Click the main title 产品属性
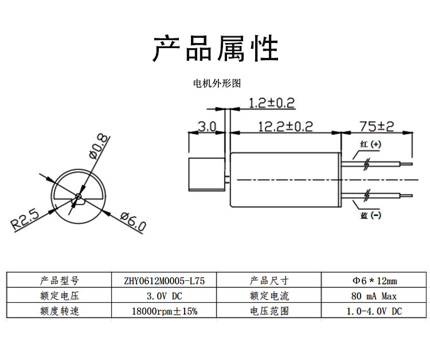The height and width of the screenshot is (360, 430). click(x=216, y=48)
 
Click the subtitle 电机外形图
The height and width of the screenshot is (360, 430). click(x=217, y=83)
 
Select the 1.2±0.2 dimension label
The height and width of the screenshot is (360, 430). click(x=272, y=103)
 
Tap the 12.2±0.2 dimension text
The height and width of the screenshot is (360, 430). click(x=286, y=127)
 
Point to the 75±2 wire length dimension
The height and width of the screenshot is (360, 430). click(x=377, y=126)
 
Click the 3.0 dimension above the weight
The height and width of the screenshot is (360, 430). click(x=207, y=127)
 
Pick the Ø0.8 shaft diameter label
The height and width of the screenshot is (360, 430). click(x=99, y=147)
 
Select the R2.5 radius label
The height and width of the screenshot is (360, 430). click(x=25, y=220)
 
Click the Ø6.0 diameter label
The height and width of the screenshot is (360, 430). click(x=133, y=221)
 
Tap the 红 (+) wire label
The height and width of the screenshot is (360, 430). click(x=370, y=144)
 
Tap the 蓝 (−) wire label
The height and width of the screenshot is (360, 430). click(x=370, y=215)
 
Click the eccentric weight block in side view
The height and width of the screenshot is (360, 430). click(x=207, y=174)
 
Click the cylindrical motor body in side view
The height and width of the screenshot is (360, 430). click(x=285, y=179)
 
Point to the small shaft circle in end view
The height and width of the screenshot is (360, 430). click(x=78, y=196)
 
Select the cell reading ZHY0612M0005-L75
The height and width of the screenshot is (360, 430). click(x=164, y=281)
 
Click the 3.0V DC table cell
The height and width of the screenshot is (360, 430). click(x=164, y=296)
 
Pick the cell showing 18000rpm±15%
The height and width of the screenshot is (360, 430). click(x=164, y=311)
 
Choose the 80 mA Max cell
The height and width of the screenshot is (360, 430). click(x=374, y=296)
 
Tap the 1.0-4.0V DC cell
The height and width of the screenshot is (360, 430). click(x=374, y=311)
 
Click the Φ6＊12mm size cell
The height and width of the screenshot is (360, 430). click(x=374, y=281)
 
